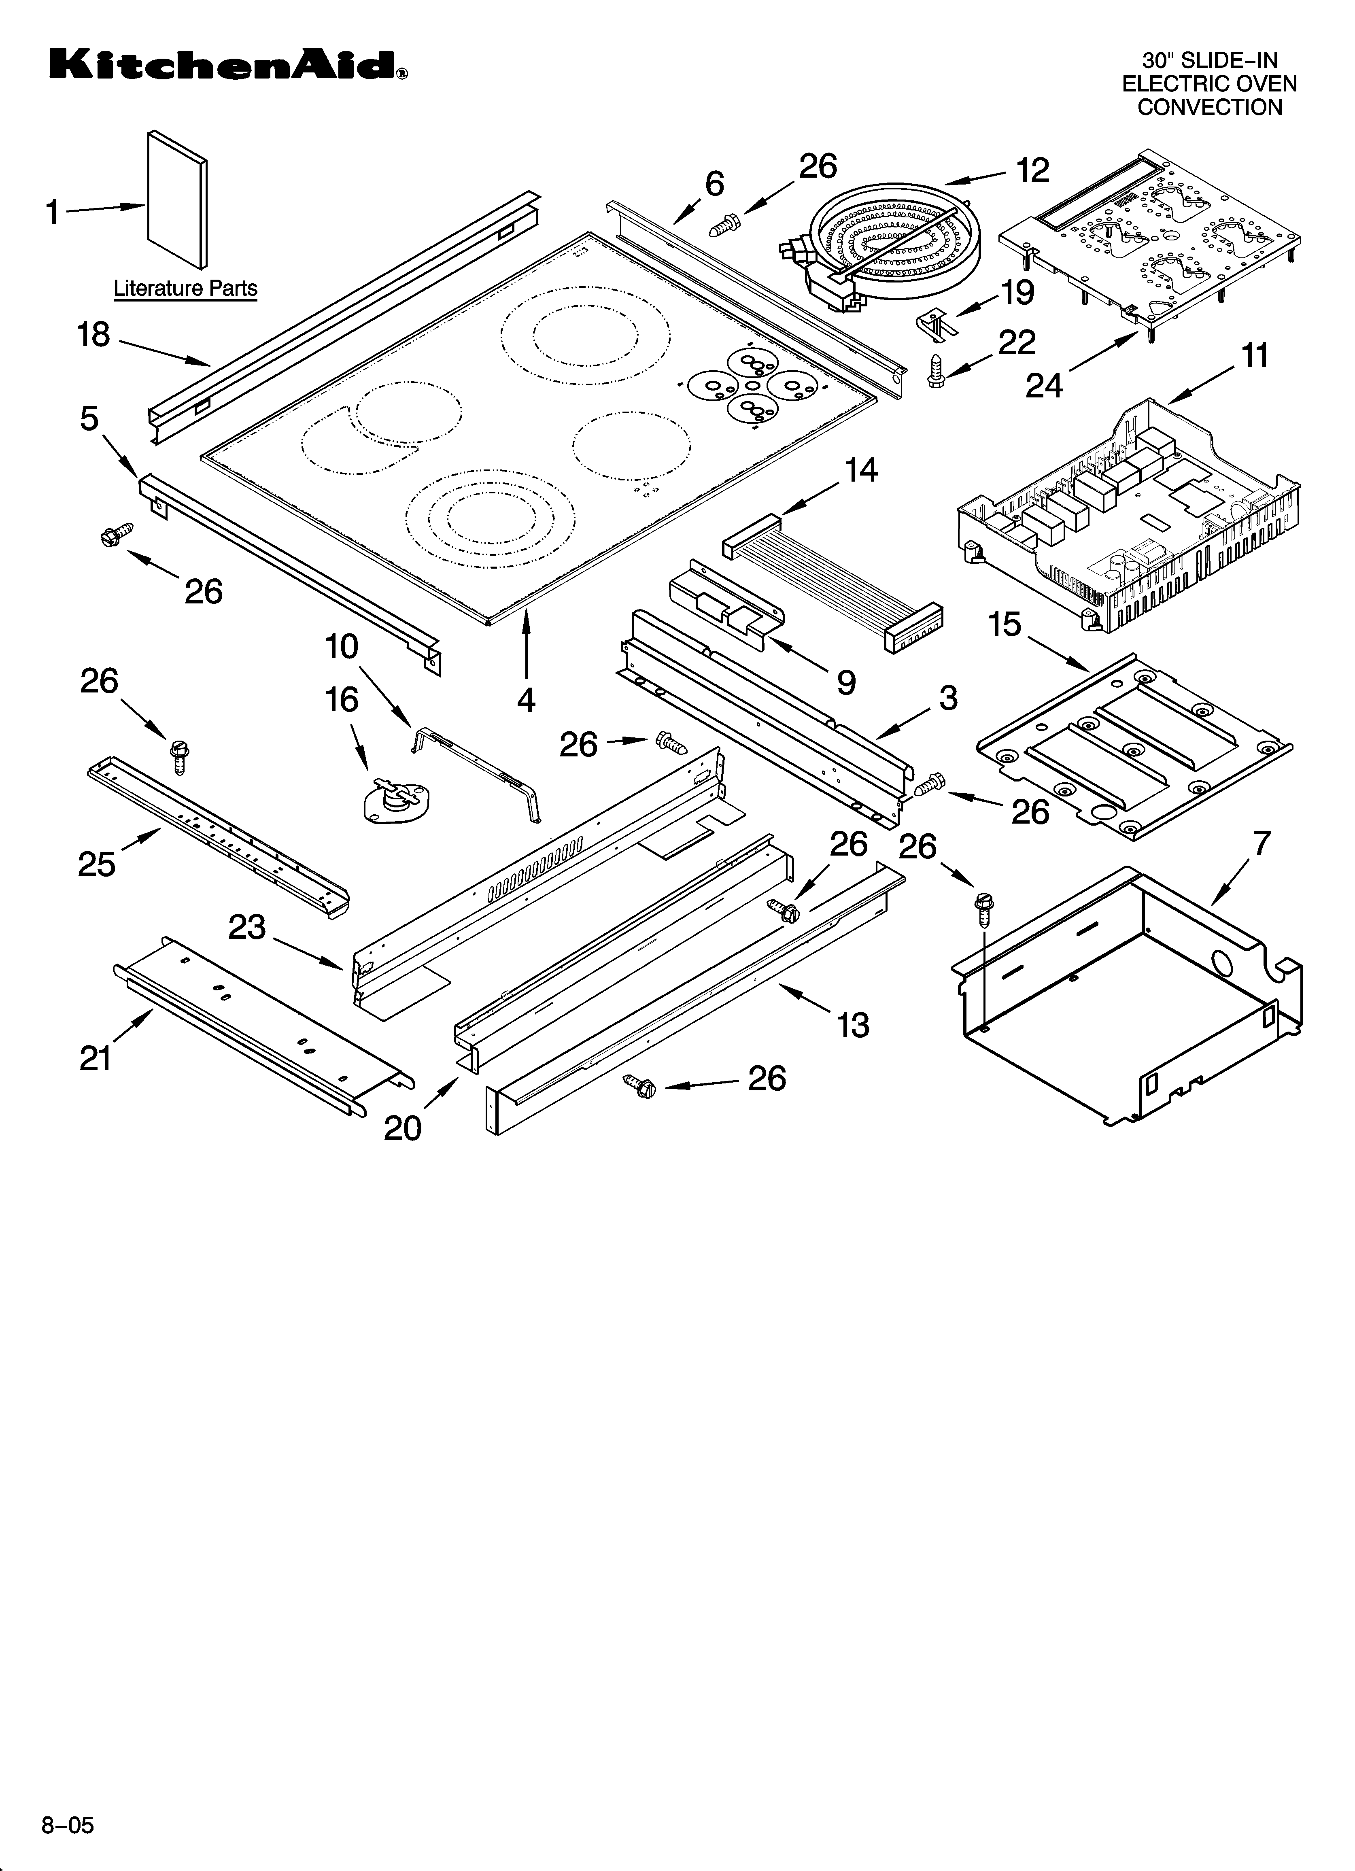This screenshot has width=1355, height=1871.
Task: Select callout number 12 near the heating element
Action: [1032, 171]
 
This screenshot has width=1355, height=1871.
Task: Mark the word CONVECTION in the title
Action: [1210, 107]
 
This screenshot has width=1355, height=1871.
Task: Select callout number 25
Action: [97, 864]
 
